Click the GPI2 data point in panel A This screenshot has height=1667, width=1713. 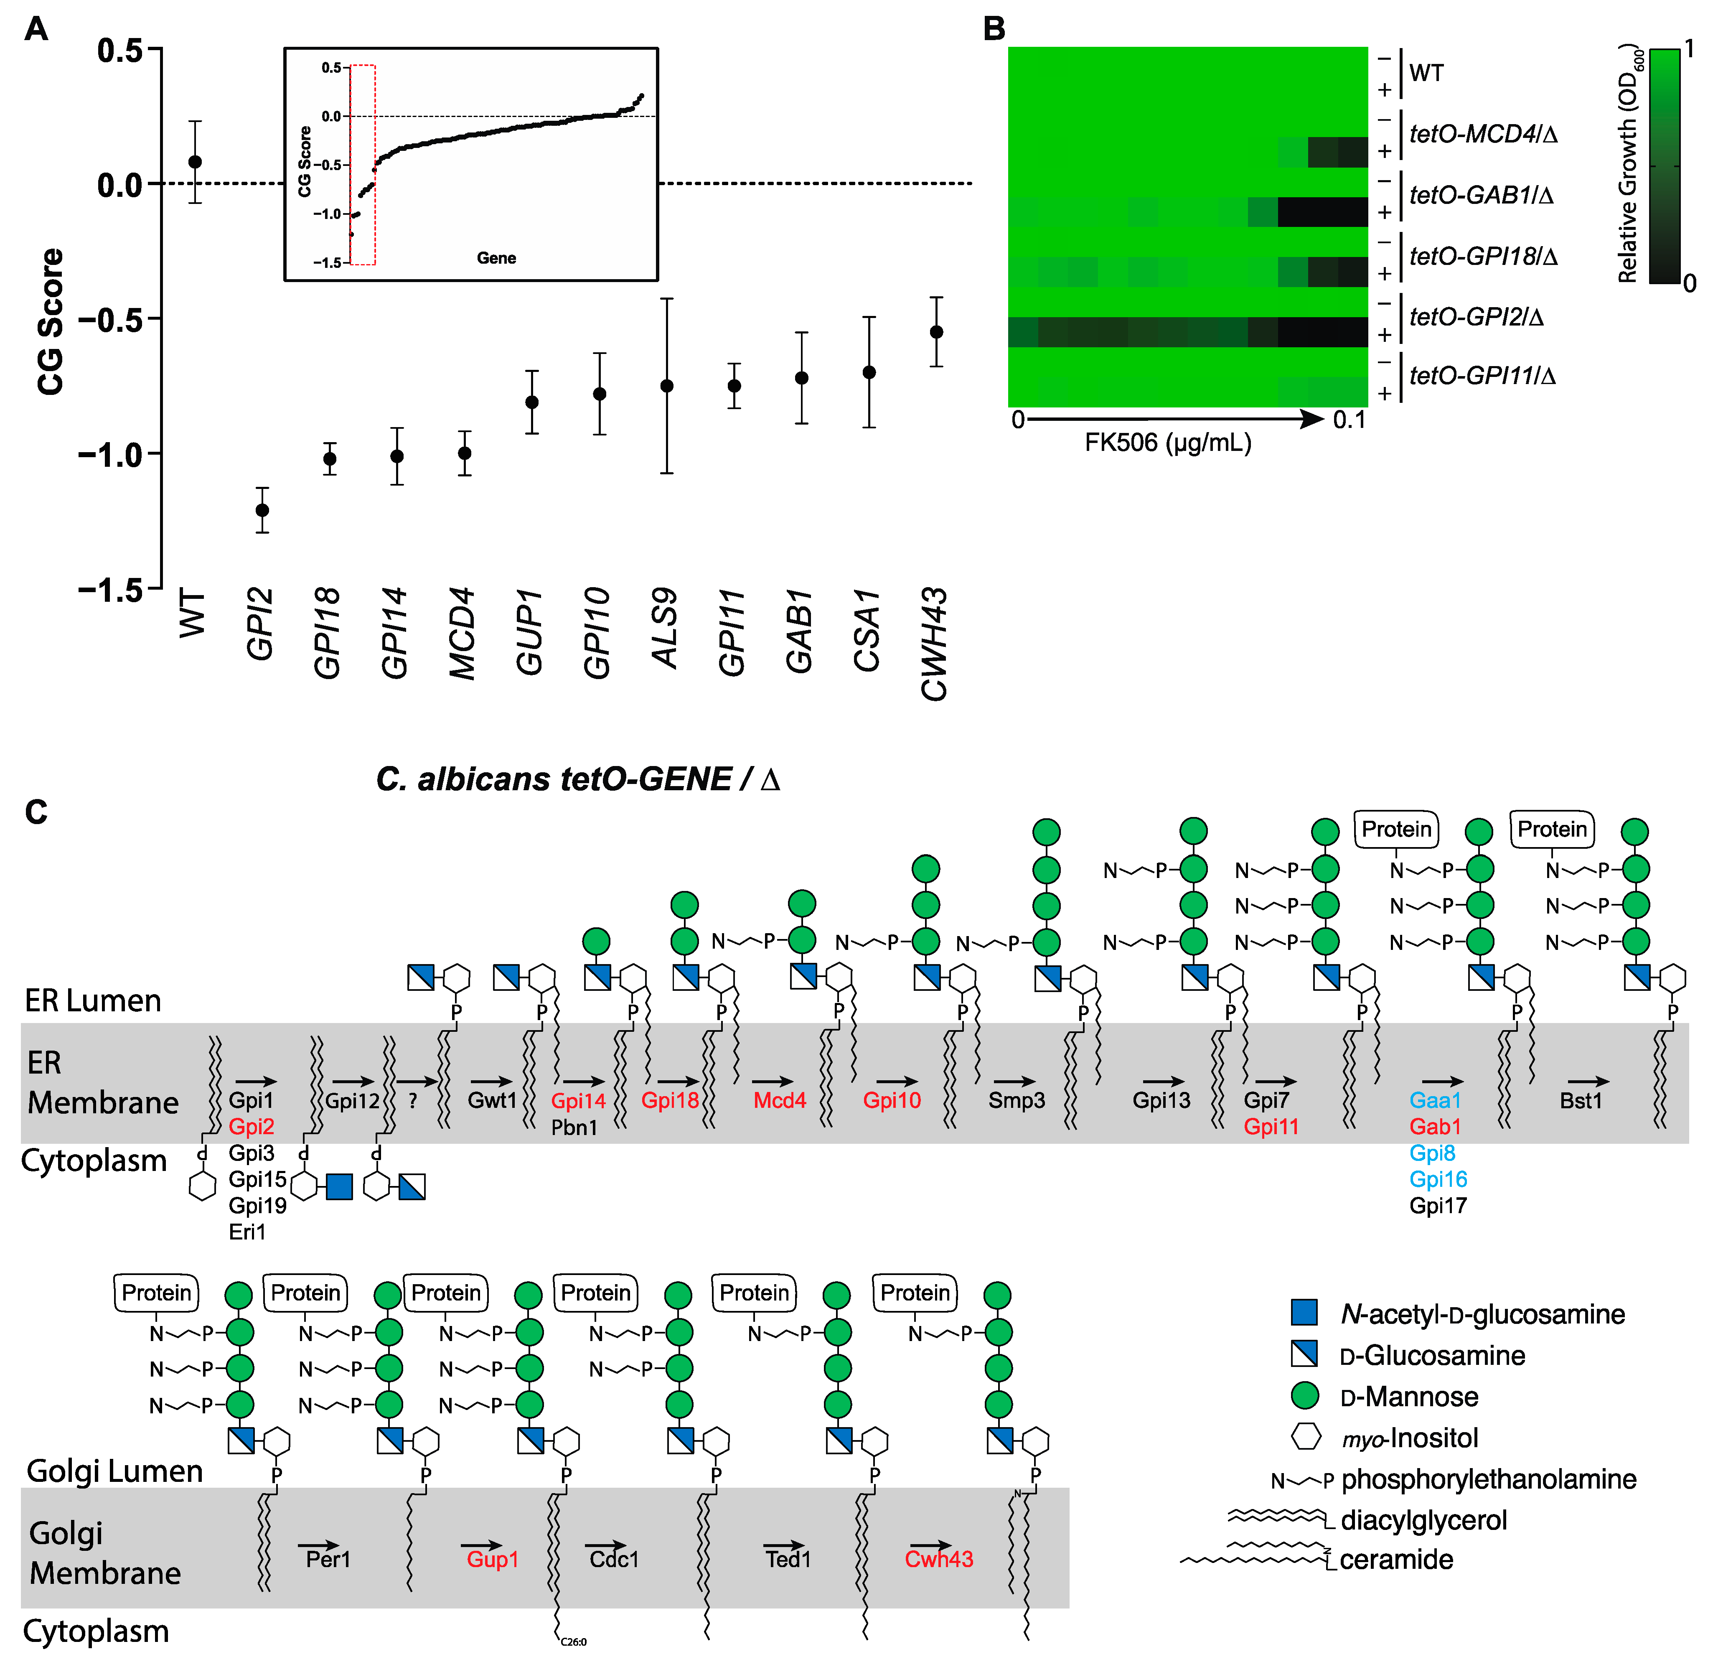tap(262, 510)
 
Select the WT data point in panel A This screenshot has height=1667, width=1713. tap(195, 162)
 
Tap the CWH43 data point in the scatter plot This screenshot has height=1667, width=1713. tap(936, 332)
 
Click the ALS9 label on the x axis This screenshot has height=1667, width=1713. tap(665, 629)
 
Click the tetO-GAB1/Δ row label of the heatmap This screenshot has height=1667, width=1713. tap(1481, 195)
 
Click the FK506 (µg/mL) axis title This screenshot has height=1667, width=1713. tap(1168, 443)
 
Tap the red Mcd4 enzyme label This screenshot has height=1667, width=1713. tap(779, 1100)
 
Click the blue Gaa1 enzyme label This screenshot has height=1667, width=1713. tap(1435, 1100)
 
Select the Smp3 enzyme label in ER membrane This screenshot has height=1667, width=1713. tap(1016, 1100)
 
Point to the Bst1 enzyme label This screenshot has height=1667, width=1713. tap(1580, 1100)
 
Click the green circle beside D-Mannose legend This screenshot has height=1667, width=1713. tap(1304, 1396)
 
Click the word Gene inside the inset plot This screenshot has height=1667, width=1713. tap(496, 258)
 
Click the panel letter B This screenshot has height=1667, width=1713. tap(994, 29)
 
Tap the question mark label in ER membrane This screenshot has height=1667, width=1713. tap(412, 1100)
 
